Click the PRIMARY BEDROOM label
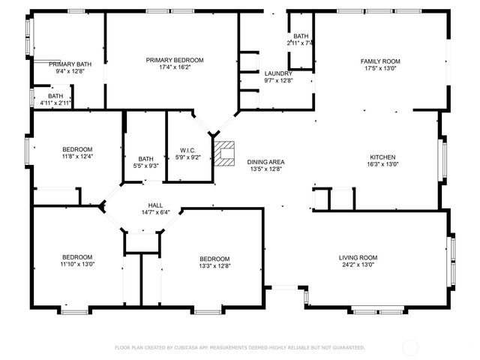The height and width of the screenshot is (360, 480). [x=175, y=60]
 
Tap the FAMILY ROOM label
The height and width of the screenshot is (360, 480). [x=380, y=61]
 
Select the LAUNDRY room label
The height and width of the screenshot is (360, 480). [x=278, y=73]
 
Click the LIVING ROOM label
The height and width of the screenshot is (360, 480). [x=358, y=257]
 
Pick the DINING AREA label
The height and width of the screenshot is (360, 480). [x=266, y=162]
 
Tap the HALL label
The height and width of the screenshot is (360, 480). [x=154, y=205]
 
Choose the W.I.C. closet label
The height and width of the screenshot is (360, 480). [x=187, y=150]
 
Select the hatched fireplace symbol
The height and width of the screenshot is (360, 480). [x=224, y=152]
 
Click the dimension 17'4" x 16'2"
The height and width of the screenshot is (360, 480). [x=175, y=67]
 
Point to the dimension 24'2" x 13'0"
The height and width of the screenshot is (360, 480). [x=358, y=265]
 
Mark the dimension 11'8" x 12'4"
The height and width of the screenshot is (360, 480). [x=77, y=156]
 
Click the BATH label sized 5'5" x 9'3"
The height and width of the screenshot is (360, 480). [x=145, y=158]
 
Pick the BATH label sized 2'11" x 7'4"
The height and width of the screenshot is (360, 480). [x=301, y=36]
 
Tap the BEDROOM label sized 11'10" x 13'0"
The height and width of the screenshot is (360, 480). [x=77, y=257]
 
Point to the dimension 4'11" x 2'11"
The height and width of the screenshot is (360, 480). [x=56, y=103]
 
